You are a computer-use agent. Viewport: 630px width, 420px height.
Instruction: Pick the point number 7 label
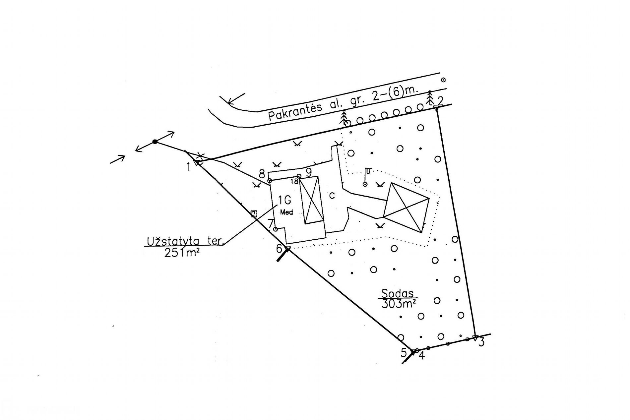[x=271, y=223]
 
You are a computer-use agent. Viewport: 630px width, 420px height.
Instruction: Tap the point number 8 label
[x=262, y=174]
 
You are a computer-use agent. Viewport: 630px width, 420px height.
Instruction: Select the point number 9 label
[x=309, y=172]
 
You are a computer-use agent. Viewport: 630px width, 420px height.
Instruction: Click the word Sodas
[x=398, y=293]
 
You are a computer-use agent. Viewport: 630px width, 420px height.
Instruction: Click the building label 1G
[x=284, y=201]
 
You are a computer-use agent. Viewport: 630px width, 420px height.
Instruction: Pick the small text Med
[x=286, y=212]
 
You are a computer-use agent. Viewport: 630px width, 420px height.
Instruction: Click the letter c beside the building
[x=332, y=196]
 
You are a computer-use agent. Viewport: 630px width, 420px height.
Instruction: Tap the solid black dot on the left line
[x=155, y=142]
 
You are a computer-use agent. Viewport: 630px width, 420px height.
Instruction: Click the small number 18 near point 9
[x=294, y=181]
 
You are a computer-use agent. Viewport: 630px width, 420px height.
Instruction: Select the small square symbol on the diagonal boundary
[x=254, y=214]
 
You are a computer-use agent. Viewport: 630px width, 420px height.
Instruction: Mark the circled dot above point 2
[x=443, y=80]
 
